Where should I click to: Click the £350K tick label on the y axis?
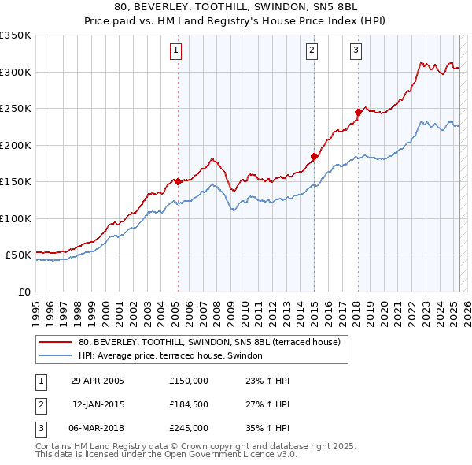click(x=16, y=35)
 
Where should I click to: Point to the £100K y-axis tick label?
click(x=16, y=218)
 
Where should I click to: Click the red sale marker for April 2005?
click(x=178, y=181)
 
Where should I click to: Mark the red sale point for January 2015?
click(x=314, y=156)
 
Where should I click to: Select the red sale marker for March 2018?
click(x=358, y=112)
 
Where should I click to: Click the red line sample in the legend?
click(x=55, y=343)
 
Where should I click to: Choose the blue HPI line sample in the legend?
click(x=55, y=356)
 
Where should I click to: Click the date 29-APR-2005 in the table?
click(x=98, y=381)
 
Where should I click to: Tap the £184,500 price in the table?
click(x=188, y=404)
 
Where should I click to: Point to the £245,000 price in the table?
click(x=188, y=428)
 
